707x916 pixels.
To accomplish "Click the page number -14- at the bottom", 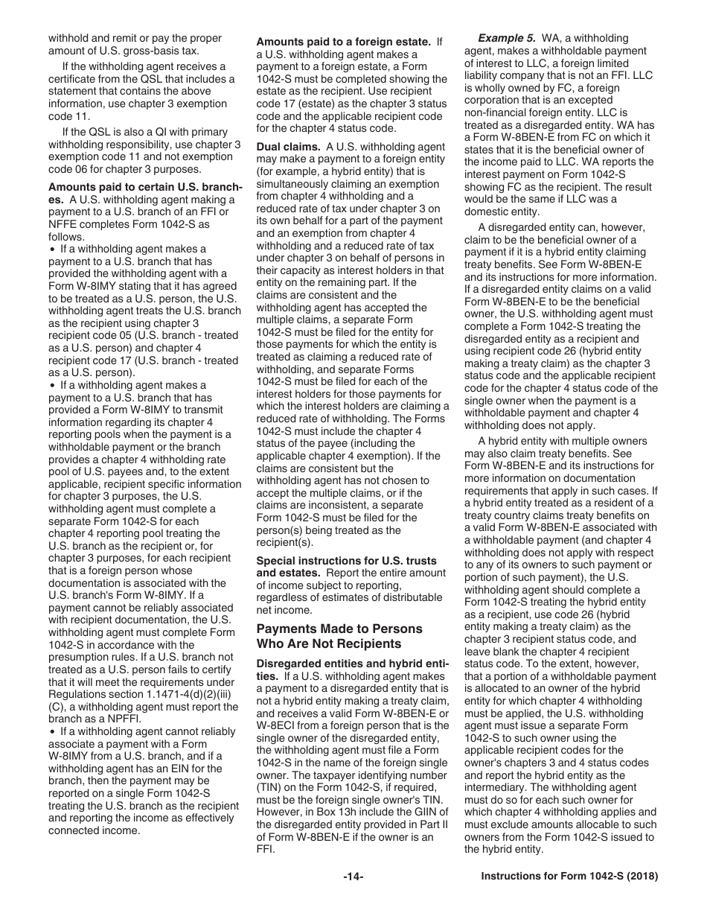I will pos(353,877).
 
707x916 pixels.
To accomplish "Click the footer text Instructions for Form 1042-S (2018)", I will pos(569,877).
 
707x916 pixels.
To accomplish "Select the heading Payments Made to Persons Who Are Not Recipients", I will pos(339,636).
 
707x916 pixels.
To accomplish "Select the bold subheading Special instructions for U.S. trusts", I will pos(347,560).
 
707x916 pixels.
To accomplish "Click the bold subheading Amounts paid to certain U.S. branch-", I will pos(145,187).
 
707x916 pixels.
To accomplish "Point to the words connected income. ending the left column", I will pos(94,830).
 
